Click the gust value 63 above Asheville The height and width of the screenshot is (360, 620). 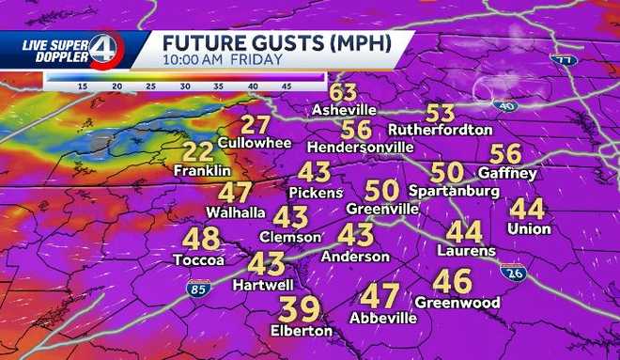344,93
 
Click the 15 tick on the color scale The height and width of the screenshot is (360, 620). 82,86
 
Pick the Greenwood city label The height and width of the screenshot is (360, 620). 457,303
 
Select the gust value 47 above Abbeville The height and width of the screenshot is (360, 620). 380,297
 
